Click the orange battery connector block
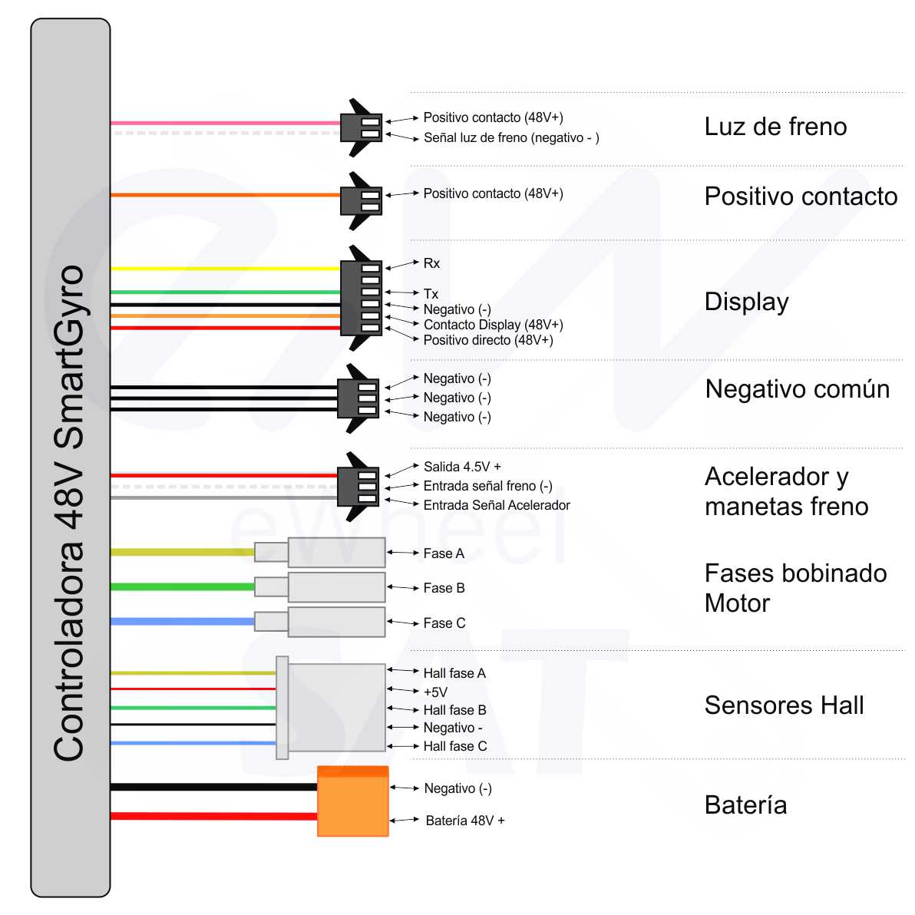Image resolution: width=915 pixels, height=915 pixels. (x=352, y=801)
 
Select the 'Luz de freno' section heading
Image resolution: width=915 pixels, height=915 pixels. (x=775, y=127)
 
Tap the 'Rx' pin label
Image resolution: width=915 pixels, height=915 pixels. (x=431, y=263)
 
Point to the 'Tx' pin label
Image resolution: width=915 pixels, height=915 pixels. (x=431, y=294)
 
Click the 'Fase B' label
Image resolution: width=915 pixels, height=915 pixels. (x=444, y=588)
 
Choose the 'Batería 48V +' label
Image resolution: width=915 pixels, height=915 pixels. (x=465, y=821)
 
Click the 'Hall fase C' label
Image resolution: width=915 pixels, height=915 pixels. (x=454, y=746)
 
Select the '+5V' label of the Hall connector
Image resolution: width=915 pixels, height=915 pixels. (x=435, y=692)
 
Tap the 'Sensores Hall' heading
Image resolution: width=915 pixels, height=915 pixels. (x=784, y=705)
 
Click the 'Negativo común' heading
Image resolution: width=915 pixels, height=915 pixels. (x=797, y=389)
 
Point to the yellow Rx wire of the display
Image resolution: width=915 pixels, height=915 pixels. (x=223, y=269)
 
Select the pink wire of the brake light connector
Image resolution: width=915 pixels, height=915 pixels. (x=223, y=123)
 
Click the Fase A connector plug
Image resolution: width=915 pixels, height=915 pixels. (x=335, y=552)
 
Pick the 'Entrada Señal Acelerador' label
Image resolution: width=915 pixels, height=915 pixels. (x=497, y=505)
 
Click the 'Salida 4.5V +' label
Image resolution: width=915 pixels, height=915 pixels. (x=462, y=467)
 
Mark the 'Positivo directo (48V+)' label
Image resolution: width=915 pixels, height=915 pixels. (x=488, y=340)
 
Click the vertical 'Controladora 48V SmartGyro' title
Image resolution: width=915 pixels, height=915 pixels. (x=69, y=513)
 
